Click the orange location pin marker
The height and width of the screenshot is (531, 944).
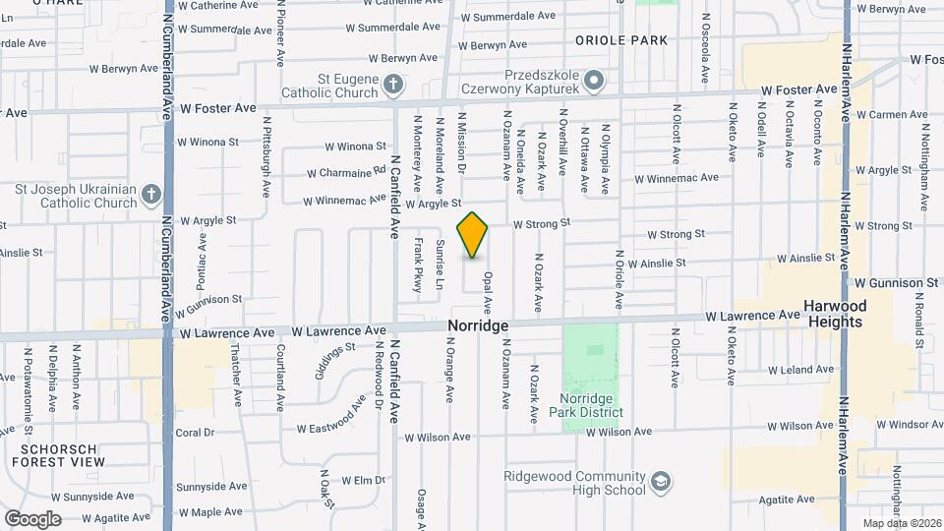tap(473, 235)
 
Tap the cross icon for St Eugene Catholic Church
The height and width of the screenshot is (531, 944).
tap(392, 84)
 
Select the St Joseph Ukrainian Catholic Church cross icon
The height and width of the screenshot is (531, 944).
tap(150, 194)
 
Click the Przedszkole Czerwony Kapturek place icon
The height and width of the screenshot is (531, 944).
tap(593, 78)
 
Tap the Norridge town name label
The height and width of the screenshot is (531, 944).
tap(478, 325)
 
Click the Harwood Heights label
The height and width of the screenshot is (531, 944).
tap(836, 314)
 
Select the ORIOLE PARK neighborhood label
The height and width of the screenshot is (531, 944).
tap(620, 40)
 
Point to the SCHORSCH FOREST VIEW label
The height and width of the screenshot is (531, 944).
tap(60, 454)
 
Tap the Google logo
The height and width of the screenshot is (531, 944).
tap(32, 518)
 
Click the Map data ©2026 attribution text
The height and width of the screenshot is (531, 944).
tap(901, 522)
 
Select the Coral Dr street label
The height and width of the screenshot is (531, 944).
tap(195, 433)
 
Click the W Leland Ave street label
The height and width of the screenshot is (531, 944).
tap(804, 370)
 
